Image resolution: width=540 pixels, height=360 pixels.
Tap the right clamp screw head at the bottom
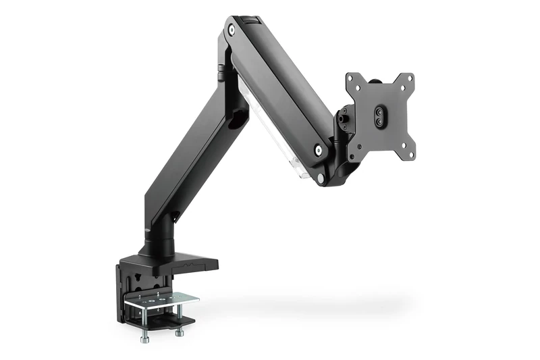click(x=180, y=332)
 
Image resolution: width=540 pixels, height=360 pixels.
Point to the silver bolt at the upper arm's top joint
click(x=232, y=30)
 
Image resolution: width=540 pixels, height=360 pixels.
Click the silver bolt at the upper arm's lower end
click(x=317, y=150)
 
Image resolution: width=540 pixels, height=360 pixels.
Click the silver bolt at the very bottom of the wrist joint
click(x=322, y=178)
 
